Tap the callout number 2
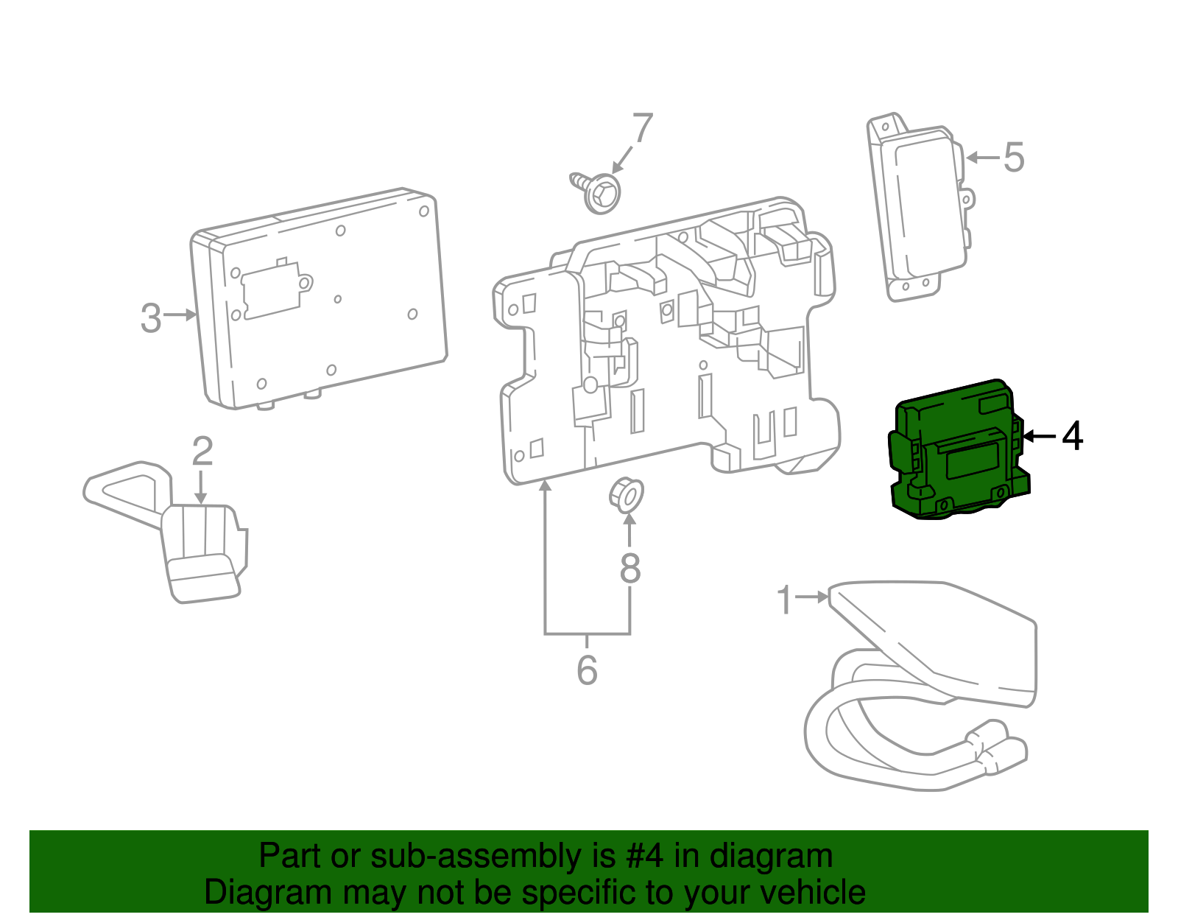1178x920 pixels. pos(202,451)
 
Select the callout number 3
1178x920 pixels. pos(151,317)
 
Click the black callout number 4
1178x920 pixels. pos(1072,436)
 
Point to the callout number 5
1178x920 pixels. pos(1014,158)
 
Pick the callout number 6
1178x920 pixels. pos(587,670)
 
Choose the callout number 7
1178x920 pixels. pos(642,129)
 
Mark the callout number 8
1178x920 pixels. pos(629,568)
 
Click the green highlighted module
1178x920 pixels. pos(957,449)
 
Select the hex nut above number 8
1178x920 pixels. pos(626,494)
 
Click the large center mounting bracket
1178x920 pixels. pos(663,346)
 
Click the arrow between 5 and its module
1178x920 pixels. pos(982,158)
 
